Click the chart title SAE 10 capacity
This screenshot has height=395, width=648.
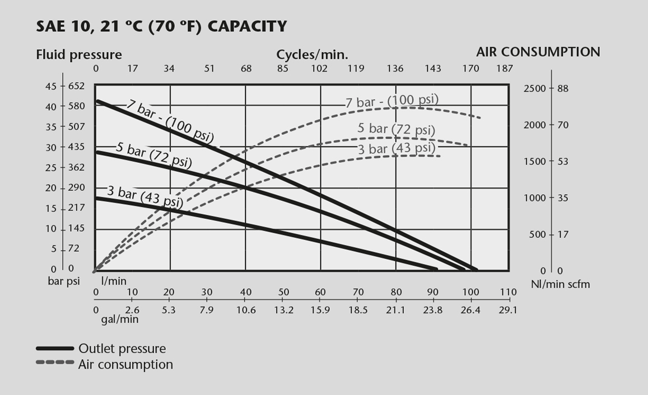point(161,26)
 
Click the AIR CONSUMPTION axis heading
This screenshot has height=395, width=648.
point(538,52)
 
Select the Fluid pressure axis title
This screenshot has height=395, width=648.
point(79,55)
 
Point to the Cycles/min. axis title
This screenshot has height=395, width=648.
point(312,55)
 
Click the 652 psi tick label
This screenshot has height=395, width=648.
point(76,86)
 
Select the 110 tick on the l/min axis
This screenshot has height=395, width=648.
point(508,292)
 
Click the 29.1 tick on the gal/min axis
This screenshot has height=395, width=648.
point(508,309)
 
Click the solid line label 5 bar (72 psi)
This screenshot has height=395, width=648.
point(153,155)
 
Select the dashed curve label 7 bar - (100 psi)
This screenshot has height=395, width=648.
point(391,101)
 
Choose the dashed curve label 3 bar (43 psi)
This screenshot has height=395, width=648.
point(397,148)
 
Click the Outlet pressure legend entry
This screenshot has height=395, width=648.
point(122,349)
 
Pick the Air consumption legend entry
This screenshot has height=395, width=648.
point(125,365)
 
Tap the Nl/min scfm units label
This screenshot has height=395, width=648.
point(560,284)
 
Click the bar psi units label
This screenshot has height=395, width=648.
point(64,281)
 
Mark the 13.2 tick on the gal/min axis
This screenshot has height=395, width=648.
point(283,309)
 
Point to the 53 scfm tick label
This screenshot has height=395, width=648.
point(563,162)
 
